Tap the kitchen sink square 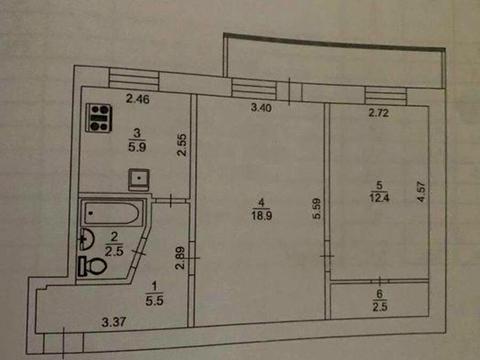tap(138, 180)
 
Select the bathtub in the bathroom tap(111, 212)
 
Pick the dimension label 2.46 tap(137, 97)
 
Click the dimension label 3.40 tap(261, 107)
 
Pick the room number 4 tap(255, 200)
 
